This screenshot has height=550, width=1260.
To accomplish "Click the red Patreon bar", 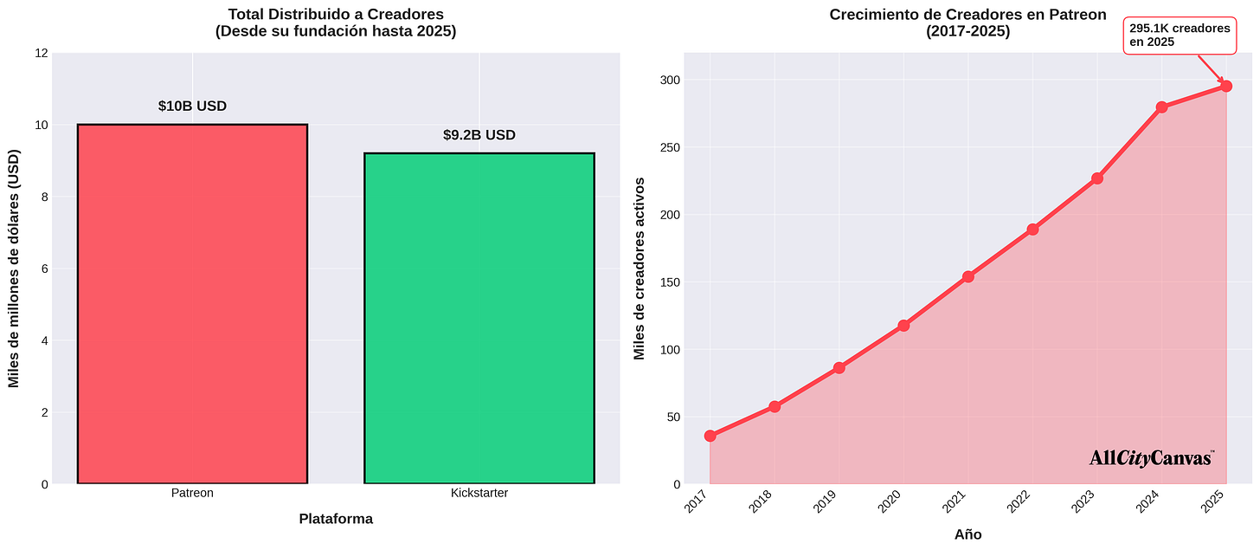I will point(192,303).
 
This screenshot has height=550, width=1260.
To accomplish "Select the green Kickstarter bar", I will point(479,318).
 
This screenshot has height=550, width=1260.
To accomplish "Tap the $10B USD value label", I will point(192,107).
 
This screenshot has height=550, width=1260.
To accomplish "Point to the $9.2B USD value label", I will point(479,135).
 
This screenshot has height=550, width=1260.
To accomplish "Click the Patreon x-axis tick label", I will point(192,493).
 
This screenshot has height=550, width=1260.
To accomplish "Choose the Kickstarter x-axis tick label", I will point(479,493).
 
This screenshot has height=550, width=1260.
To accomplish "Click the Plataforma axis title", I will point(336,519).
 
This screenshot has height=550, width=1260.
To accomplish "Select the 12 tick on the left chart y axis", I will point(41,53).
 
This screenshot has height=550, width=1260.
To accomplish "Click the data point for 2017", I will point(710,436).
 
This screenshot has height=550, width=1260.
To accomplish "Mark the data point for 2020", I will point(903,326).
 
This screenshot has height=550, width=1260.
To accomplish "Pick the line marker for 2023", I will point(1097,178).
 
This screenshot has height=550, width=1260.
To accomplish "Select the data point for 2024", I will point(1161,107).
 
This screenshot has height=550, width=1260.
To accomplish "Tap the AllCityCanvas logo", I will point(1151,458).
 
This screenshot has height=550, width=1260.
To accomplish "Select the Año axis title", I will point(967,534).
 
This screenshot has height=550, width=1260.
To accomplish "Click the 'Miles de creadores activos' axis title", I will point(640,269).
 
